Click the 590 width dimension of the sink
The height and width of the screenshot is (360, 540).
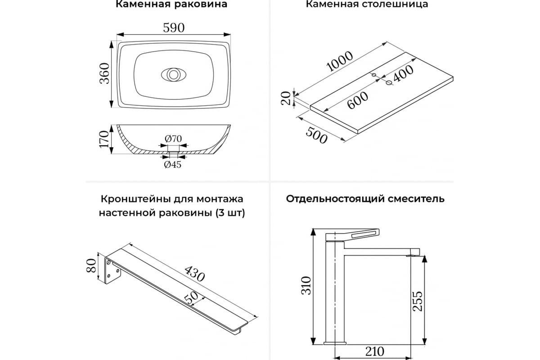click(174, 28)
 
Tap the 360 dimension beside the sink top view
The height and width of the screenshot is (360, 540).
click(104, 73)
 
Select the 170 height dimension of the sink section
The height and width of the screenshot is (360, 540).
click(104, 139)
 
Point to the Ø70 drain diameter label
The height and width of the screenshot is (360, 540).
click(173, 139)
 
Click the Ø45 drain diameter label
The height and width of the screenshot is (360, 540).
click(173, 164)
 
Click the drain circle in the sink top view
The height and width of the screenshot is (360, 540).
click(174, 75)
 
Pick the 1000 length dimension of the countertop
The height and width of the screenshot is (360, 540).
click(339, 62)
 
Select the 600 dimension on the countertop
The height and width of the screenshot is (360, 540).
click(358, 100)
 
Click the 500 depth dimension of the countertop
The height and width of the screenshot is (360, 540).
click(316, 135)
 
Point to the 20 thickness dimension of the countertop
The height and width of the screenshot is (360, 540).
click(286, 98)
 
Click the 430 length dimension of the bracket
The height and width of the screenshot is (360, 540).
click(194, 274)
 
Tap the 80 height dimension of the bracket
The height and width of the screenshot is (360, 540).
click(91, 265)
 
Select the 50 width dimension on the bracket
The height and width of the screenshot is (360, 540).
click(191, 299)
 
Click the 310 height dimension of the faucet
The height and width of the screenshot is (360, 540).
click(306, 285)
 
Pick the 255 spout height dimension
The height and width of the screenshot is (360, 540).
click(418, 301)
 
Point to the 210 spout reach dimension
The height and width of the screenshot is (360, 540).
click(374, 352)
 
